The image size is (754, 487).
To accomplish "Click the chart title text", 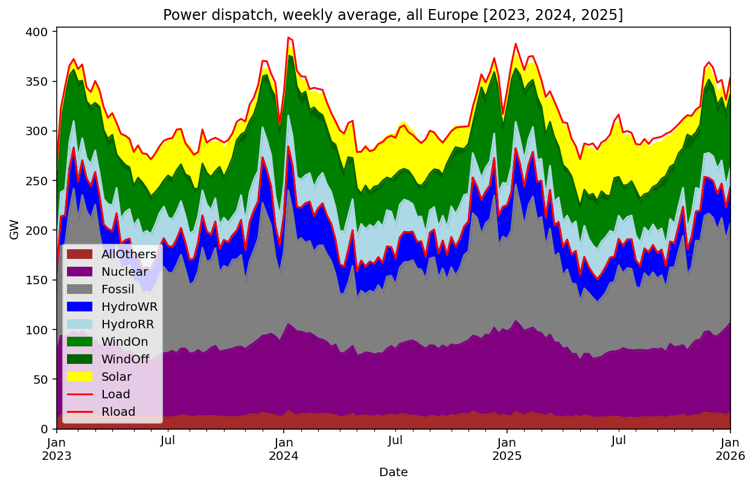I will click(x=393, y=15).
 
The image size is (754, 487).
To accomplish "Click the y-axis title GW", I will click(x=14, y=230).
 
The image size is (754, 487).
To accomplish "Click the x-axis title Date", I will click(x=393, y=473).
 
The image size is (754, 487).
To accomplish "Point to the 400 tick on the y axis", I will click(x=40, y=31).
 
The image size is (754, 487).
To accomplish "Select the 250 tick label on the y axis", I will click(x=40, y=180).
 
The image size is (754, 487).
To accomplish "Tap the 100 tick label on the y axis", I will click(x=40, y=330).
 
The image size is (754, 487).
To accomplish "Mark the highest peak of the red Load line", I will click(x=289, y=37).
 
